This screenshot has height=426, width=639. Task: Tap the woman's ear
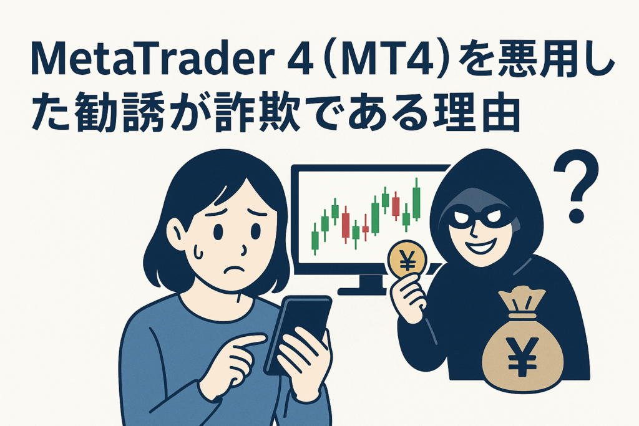coord(177,233)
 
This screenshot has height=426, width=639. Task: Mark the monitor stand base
coord(365,289)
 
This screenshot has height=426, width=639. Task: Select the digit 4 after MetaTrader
coord(299,61)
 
